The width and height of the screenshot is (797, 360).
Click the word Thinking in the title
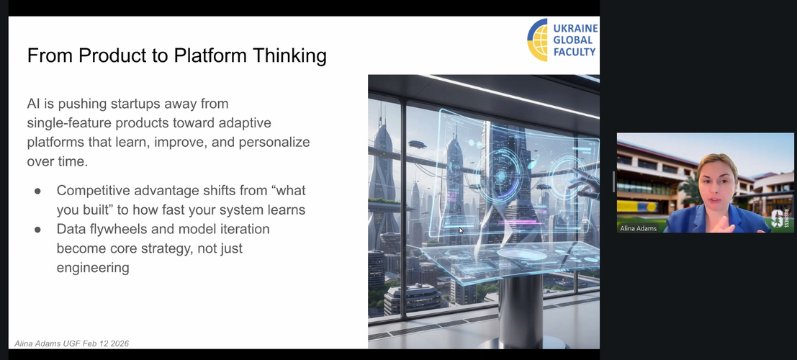(290, 55)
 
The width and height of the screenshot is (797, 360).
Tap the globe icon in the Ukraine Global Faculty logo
(537, 40)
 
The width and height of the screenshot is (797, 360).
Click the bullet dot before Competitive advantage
(37, 191)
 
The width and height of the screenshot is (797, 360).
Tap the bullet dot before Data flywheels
(37, 230)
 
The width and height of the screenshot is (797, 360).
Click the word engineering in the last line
(93, 268)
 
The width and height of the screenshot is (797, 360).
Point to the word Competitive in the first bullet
(92, 191)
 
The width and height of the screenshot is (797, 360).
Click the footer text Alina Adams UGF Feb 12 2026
(72, 343)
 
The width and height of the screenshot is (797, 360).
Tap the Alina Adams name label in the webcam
(639, 228)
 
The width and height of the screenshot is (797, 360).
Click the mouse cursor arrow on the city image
(461, 230)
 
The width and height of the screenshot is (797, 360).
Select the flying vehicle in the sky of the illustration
(417, 145)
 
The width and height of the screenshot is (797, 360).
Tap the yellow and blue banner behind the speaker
(637, 207)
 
